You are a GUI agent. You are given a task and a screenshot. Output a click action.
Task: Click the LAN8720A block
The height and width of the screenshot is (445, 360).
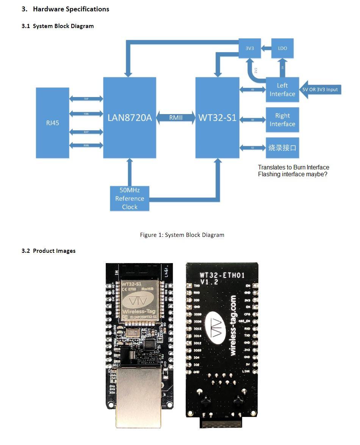(130, 118)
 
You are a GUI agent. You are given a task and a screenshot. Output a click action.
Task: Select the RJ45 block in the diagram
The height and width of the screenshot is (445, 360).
(53, 123)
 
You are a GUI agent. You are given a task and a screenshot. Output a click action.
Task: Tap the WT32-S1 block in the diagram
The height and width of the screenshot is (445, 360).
(217, 118)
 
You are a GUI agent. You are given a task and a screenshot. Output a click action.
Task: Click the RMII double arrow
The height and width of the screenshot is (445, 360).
(176, 118)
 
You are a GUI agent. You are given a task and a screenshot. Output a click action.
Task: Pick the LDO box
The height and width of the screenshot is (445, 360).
(282, 49)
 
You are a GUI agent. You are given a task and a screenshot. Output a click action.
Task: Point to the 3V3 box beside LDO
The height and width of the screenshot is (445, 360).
(250, 49)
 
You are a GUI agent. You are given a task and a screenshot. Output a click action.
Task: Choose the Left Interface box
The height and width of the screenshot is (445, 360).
(282, 90)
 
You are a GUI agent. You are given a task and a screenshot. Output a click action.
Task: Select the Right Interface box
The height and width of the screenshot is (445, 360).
(282, 119)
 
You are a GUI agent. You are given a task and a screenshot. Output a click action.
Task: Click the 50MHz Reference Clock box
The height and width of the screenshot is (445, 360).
(130, 198)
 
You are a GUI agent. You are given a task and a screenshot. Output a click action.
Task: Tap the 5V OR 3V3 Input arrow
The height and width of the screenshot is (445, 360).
(321, 89)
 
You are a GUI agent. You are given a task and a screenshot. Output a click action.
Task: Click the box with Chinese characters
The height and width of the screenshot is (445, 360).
(282, 147)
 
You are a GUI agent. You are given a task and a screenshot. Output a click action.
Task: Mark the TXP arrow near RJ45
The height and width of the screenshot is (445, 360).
(86, 99)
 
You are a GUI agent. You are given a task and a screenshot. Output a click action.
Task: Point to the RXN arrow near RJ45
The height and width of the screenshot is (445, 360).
(86, 146)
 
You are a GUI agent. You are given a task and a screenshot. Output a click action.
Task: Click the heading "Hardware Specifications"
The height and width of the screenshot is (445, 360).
(71, 9)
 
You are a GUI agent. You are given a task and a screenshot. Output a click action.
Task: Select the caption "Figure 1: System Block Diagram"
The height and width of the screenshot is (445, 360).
(182, 235)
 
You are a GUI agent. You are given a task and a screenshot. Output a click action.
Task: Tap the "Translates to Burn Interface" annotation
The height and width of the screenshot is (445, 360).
(293, 167)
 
